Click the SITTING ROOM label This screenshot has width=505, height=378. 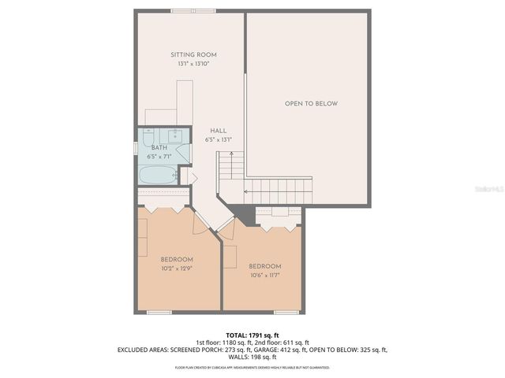pos(193,54)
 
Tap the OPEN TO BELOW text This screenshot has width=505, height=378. pos(311,103)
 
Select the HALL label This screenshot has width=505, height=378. pos(218,131)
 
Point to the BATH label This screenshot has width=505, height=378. pos(159,147)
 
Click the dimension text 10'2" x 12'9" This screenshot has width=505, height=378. pos(177,268)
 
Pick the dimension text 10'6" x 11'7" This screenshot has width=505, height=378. pos(264,275)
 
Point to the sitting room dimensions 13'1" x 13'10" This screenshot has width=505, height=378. pos(193,63)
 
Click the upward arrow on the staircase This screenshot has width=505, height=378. pos(227,169)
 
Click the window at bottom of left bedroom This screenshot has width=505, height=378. pos(160,312)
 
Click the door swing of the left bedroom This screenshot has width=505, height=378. pos(204,222)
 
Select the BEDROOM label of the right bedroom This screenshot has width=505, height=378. pos(264,266)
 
